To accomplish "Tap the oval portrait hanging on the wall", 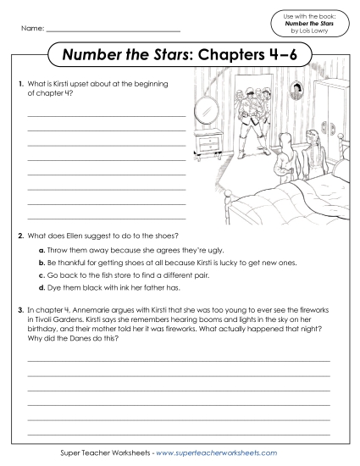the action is point(298,90).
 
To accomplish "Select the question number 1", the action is point(19,83).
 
